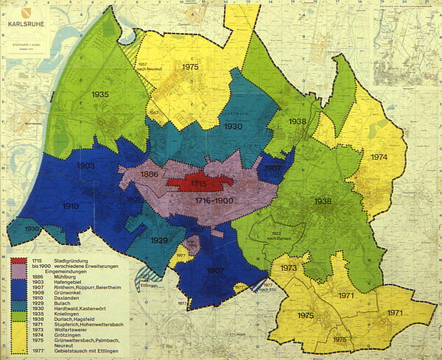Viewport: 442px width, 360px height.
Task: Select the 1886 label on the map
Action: click(x=150, y=174)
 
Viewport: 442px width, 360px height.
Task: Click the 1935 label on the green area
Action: click(x=101, y=95)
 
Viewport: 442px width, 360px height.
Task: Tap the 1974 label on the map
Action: click(x=379, y=158)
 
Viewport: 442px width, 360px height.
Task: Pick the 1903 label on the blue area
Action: click(x=85, y=166)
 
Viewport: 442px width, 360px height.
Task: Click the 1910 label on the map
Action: click(x=71, y=205)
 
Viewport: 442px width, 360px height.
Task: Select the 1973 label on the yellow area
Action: click(x=288, y=268)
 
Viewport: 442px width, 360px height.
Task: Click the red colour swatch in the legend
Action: click(x=18, y=261)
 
